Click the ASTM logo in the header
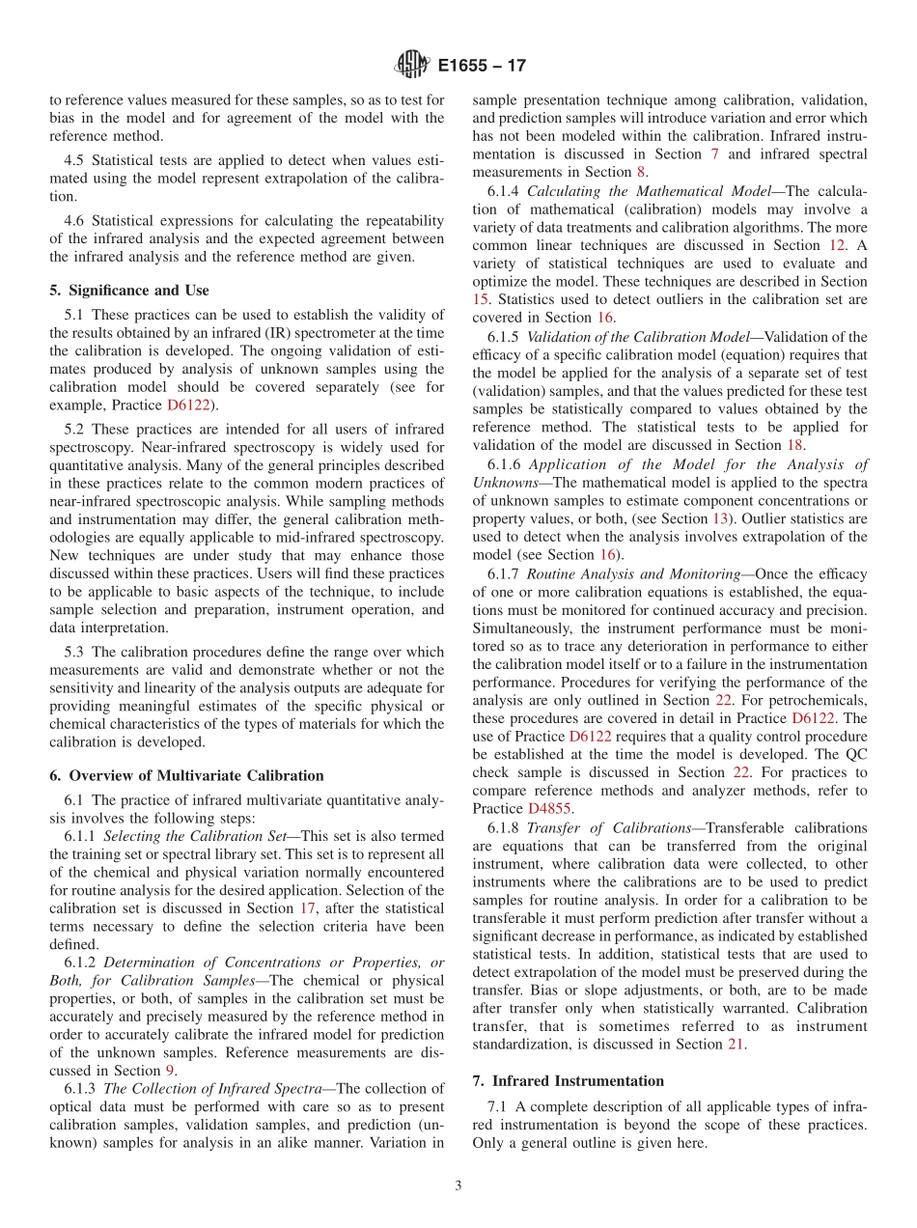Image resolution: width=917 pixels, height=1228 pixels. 412,66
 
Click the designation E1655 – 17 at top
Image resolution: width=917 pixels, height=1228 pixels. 482,67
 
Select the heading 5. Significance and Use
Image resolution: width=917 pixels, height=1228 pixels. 129,290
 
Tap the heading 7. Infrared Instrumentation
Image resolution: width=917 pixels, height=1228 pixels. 568,1080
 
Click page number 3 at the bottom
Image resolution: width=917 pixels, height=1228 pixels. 458,1186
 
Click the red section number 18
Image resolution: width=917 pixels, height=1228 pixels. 794,445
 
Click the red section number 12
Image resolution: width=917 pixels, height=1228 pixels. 837,245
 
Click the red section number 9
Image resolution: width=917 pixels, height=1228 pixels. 169,1071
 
